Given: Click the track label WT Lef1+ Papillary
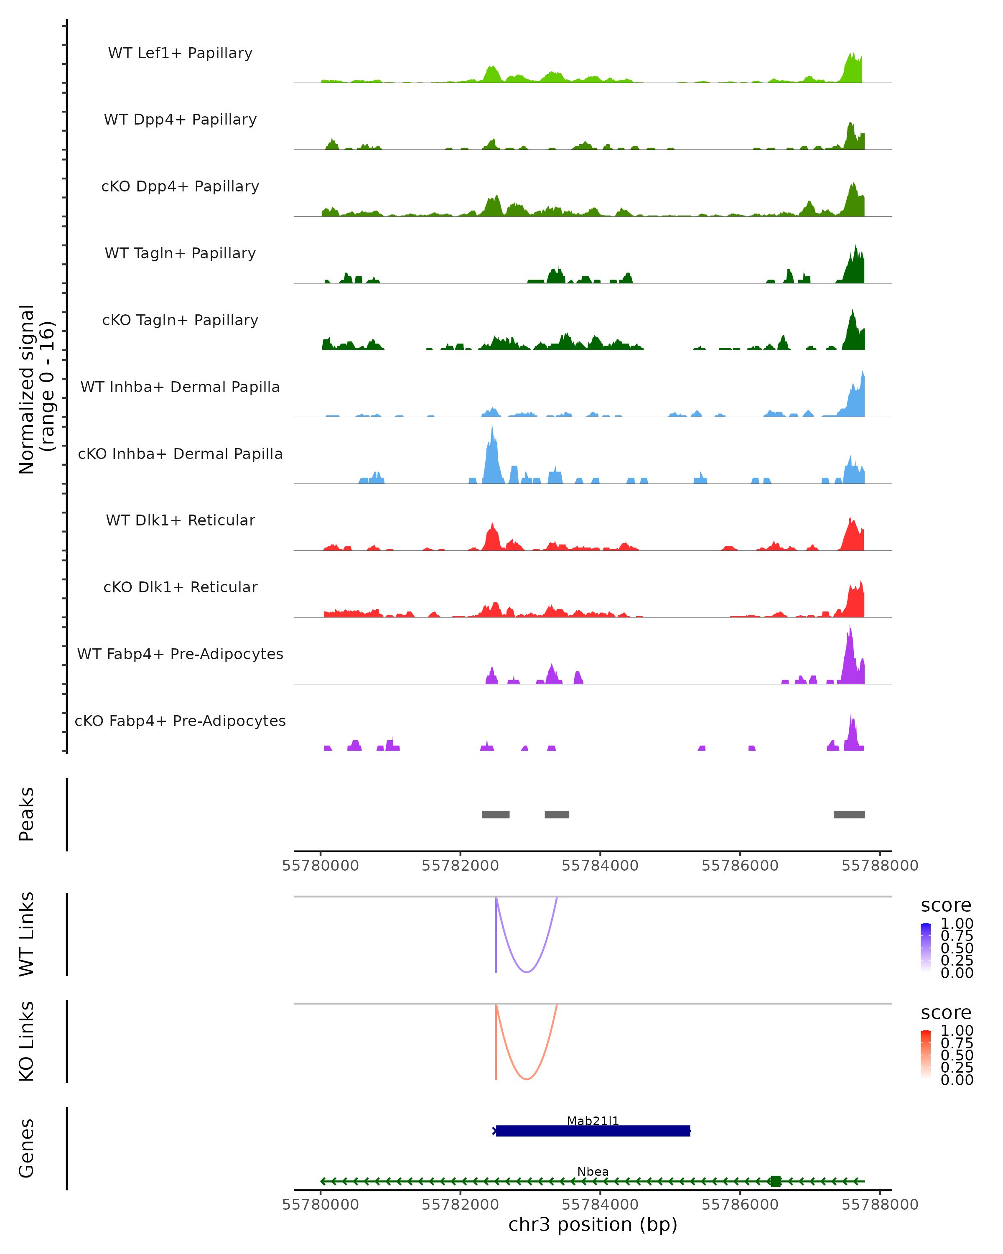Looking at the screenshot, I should pos(180,53).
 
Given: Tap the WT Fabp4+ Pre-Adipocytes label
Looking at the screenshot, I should pos(180,654).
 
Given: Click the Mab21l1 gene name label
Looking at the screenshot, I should pos(593,1121).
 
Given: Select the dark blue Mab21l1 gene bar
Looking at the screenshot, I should pos(593,1131).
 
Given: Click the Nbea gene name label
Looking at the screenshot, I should pos(593,1171).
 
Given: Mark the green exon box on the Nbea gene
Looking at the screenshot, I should pos(775,1181).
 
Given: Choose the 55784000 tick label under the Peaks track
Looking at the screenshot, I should pos(600,866).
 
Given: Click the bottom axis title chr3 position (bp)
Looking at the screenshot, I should pos(593,1224).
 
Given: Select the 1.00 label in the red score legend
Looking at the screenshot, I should pos(957,1031).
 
